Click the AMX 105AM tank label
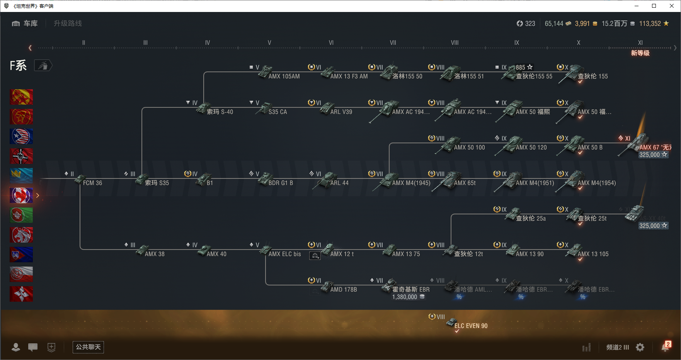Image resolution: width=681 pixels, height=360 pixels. click(x=284, y=76)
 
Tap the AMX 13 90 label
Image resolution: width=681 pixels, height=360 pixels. click(x=529, y=254)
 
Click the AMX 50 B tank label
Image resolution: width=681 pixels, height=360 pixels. click(x=590, y=148)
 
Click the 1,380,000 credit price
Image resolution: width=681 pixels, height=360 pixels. click(x=405, y=297)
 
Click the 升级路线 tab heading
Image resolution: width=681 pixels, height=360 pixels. click(x=68, y=24)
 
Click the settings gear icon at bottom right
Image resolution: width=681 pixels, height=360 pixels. click(x=640, y=347)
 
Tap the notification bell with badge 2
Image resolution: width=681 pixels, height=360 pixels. click(x=665, y=347)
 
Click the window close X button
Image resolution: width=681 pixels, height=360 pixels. click(x=672, y=6)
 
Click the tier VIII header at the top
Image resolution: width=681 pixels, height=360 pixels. click(x=455, y=43)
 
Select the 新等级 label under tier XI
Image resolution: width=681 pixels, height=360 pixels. click(x=640, y=53)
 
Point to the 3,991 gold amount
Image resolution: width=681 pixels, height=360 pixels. click(x=582, y=24)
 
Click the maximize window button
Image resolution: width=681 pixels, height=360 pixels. click(x=654, y=6)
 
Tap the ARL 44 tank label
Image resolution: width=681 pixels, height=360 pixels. click(x=339, y=183)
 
